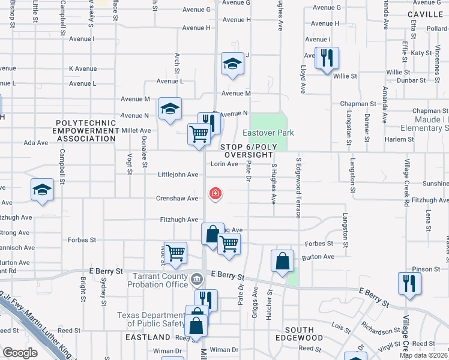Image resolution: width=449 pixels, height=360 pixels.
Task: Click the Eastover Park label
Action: click(264, 132)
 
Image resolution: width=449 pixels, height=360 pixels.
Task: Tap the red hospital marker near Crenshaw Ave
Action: click(214, 194)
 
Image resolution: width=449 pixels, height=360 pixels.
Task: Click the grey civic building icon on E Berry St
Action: click(196, 279)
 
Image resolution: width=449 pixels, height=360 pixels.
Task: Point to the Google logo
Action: click(20, 353)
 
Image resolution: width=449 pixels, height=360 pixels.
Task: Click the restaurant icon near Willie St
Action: click(327, 59)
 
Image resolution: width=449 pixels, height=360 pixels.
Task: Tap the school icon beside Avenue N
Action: click(170, 109)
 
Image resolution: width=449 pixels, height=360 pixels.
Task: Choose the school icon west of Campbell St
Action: click(42, 190)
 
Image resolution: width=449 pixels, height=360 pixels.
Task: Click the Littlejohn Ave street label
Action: click(178, 175)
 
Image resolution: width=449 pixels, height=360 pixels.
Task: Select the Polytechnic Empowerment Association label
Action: click(85, 130)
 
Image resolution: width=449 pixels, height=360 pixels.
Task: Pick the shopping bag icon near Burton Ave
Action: click(282, 261)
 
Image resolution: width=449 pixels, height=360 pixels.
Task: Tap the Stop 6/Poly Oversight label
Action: click(247, 151)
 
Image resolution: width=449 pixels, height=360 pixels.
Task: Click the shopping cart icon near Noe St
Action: click(175, 253)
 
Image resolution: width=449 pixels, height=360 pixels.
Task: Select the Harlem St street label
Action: click(396, 139)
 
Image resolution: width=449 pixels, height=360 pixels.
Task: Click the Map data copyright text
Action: click(424, 355)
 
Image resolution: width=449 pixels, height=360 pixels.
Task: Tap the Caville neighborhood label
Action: click(424, 14)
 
